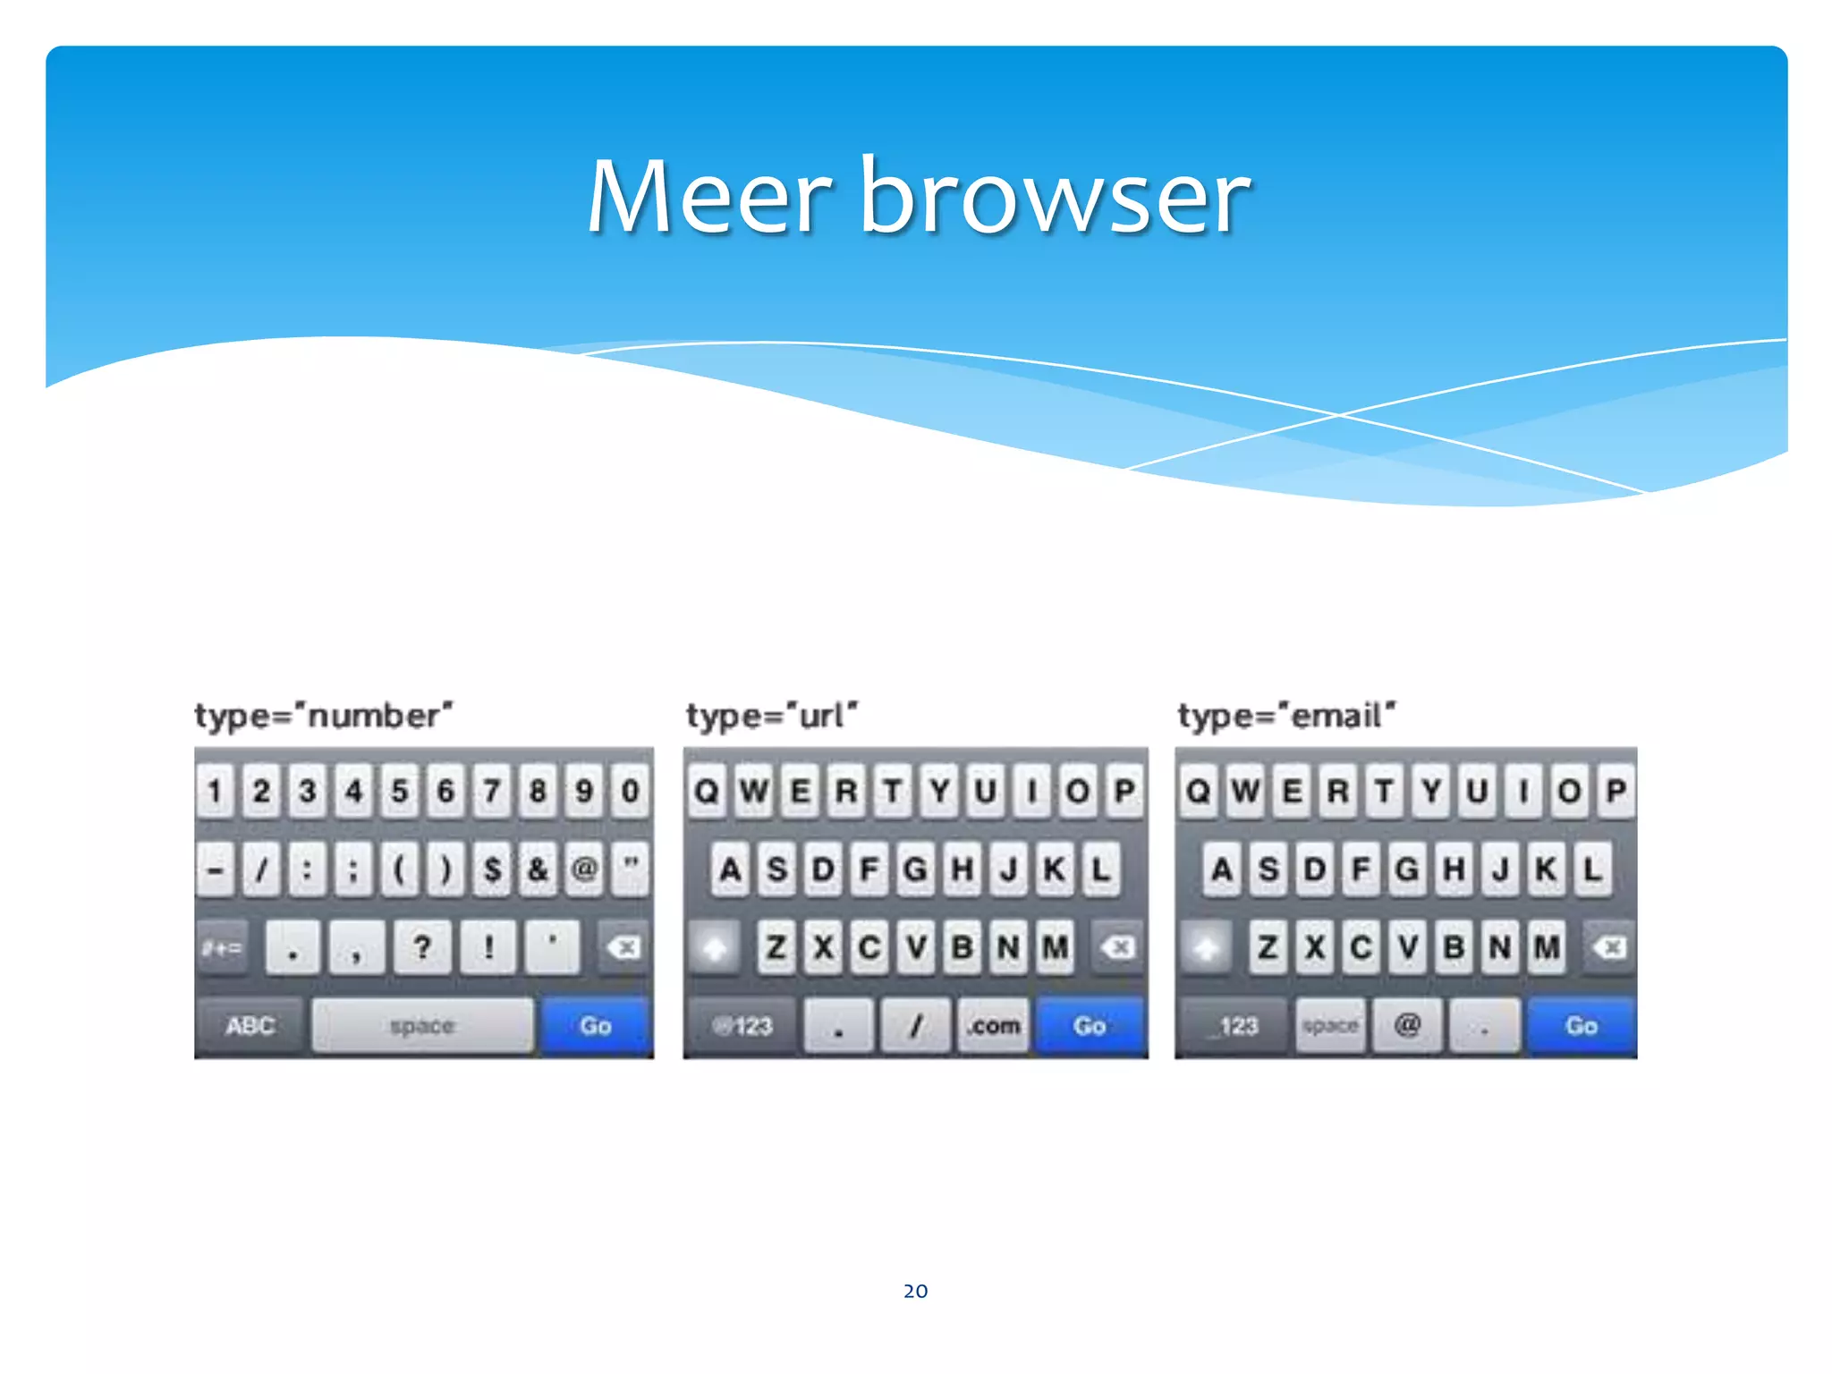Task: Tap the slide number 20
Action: pyautogui.click(x=915, y=1291)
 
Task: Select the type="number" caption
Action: pyautogui.click(x=324, y=716)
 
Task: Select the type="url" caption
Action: pyautogui.click(x=771, y=716)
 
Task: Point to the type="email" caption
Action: pyautogui.click(x=1285, y=716)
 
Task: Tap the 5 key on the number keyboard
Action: pyautogui.click(x=400, y=791)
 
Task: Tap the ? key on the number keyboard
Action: pyautogui.click(x=422, y=946)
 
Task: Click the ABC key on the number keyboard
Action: pyautogui.click(x=250, y=1025)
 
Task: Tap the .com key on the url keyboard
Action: pyautogui.click(x=993, y=1025)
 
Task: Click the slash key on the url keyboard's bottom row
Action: pyautogui.click(x=915, y=1025)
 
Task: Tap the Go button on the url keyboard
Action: pyautogui.click(x=1089, y=1025)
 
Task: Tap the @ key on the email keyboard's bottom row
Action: pyautogui.click(x=1407, y=1025)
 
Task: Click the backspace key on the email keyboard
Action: pyautogui.click(x=1609, y=946)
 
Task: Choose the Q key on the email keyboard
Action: pyautogui.click(x=1199, y=791)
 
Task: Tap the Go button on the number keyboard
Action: pyautogui.click(x=596, y=1025)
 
